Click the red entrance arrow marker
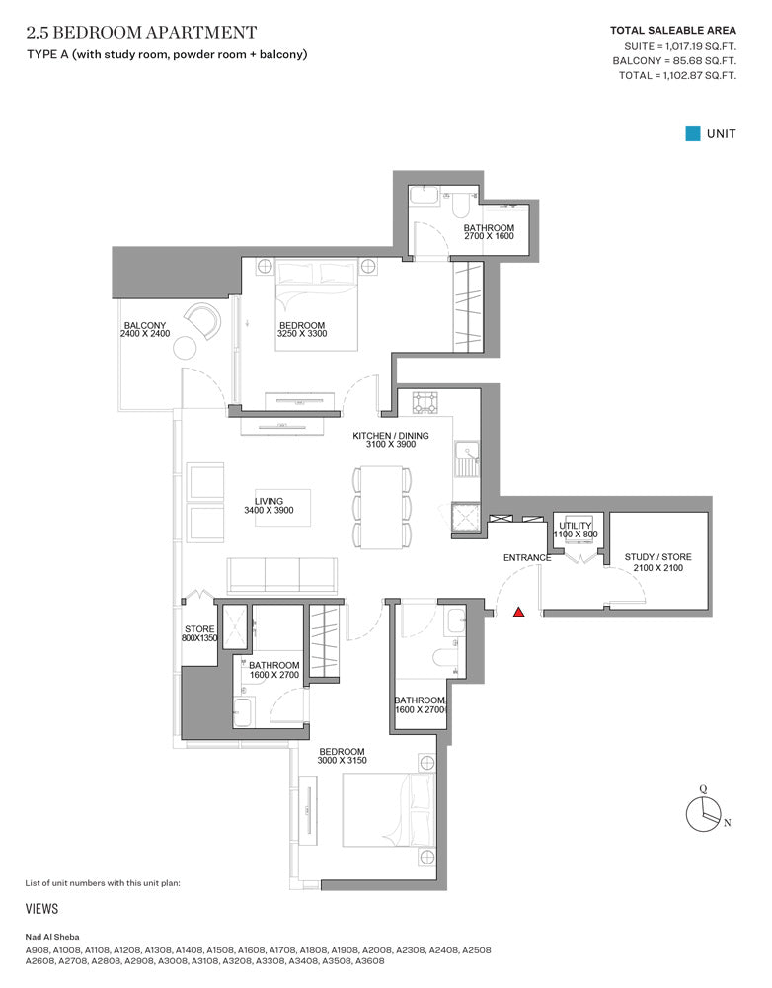tap(518, 612)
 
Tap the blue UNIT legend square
tap(693, 133)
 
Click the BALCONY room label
tap(145, 326)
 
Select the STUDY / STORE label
tap(658, 557)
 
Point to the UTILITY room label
tap(576, 526)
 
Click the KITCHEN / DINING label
tap(390, 436)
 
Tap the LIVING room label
tap(269, 502)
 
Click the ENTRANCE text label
tap(527, 557)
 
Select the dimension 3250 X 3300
tap(302, 334)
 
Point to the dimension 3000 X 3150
tap(342, 761)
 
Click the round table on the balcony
tap(186, 347)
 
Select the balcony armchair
tap(202, 320)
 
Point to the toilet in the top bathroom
tap(459, 205)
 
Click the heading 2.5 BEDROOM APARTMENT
tap(142, 33)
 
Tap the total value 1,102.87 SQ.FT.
tap(695, 76)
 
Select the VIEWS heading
tap(41, 909)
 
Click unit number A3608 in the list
tap(369, 961)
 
